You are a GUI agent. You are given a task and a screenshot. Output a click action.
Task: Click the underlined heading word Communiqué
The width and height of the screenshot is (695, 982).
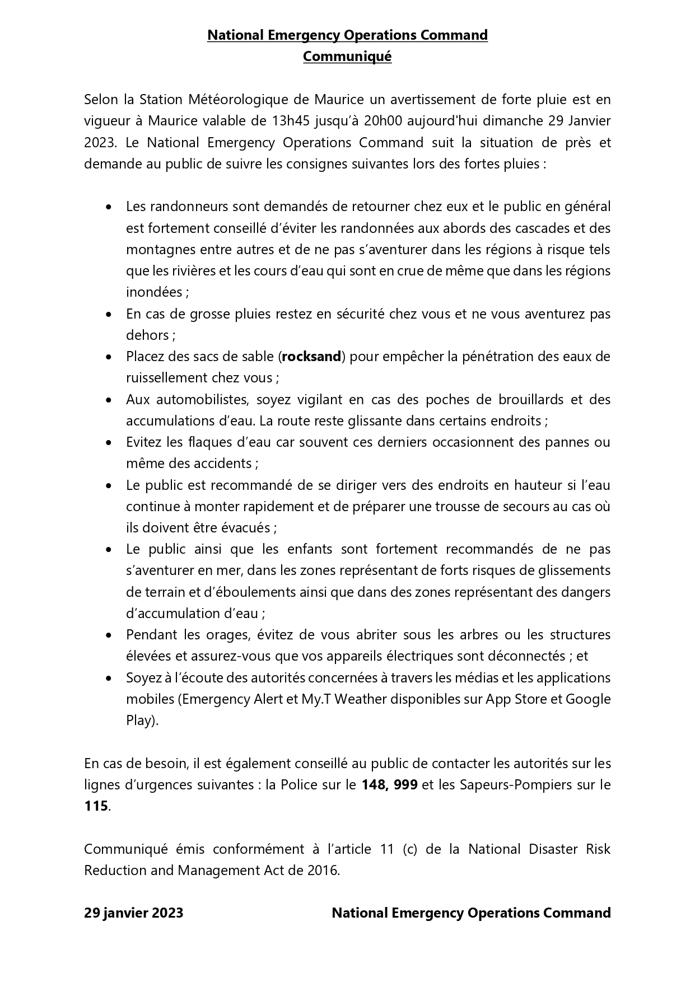347,57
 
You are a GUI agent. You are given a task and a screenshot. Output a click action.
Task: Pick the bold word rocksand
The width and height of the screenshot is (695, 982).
311,357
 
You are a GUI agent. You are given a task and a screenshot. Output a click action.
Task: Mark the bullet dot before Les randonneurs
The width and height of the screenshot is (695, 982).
109,207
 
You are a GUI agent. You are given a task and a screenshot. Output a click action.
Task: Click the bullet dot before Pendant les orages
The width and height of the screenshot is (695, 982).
109,635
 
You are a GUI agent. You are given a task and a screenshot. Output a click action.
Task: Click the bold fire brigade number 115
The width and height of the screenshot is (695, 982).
96,806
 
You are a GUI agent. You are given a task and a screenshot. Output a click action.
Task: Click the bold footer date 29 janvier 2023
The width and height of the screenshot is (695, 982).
134,913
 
